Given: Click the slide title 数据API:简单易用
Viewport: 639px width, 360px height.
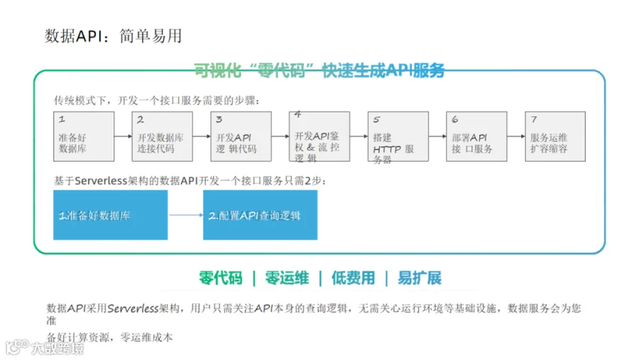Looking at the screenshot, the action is coord(113,36).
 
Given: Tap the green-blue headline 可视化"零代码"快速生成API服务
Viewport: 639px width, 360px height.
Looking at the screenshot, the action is coord(319,70).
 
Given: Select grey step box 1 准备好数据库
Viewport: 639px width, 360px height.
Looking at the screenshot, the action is coord(84,136).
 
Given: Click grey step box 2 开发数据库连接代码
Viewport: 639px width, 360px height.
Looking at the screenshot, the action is coord(162,136).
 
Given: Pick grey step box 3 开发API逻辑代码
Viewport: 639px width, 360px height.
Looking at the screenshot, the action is coord(241,136).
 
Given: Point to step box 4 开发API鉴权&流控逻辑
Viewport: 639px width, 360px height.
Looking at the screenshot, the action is coord(319,136).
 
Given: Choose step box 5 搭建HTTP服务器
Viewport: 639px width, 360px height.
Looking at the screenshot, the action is coord(398,136).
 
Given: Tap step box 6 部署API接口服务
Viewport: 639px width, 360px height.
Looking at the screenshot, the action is coord(477,136).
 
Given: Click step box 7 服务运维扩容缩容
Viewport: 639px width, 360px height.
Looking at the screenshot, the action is coord(555,136).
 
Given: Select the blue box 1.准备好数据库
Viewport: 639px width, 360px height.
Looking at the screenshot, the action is coord(111,215).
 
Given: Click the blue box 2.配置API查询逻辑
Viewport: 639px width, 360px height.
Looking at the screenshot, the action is coord(261,215).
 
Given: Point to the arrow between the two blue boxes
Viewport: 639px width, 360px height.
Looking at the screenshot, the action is coord(186,215).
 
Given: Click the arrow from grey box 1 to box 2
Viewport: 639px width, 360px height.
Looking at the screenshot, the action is coord(123,136).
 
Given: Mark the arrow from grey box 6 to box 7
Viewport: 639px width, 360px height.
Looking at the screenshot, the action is coord(516,136).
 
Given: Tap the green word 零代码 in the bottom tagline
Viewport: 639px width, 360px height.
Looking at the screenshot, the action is coord(221,278).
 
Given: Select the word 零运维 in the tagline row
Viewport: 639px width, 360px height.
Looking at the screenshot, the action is coord(287,278).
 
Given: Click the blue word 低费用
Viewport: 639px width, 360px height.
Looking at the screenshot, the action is coord(353,278).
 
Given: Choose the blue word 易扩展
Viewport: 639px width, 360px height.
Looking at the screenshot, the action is coord(420,278).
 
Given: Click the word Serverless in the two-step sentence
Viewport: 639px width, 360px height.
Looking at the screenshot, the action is coord(101,180).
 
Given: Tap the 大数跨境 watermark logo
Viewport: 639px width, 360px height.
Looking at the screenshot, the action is coord(45,347).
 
